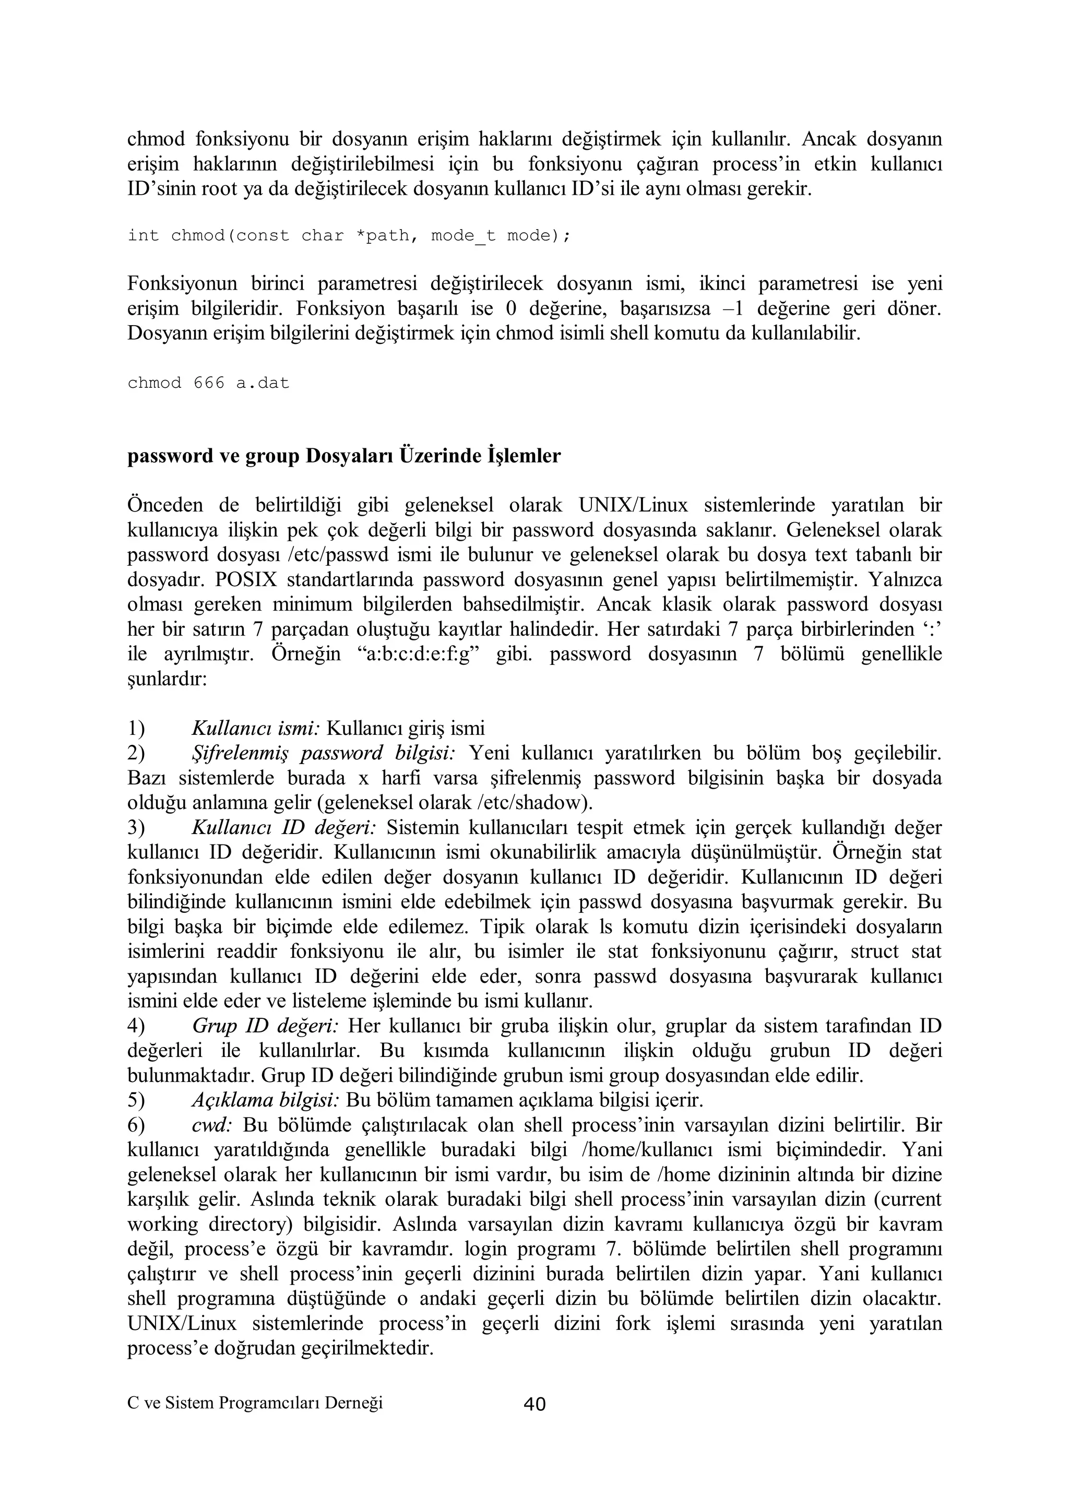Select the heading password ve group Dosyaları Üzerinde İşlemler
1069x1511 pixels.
click(343, 456)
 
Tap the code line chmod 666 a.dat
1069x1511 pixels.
click(208, 383)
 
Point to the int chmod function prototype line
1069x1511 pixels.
click(349, 235)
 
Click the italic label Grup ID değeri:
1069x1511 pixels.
click(265, 1026)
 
